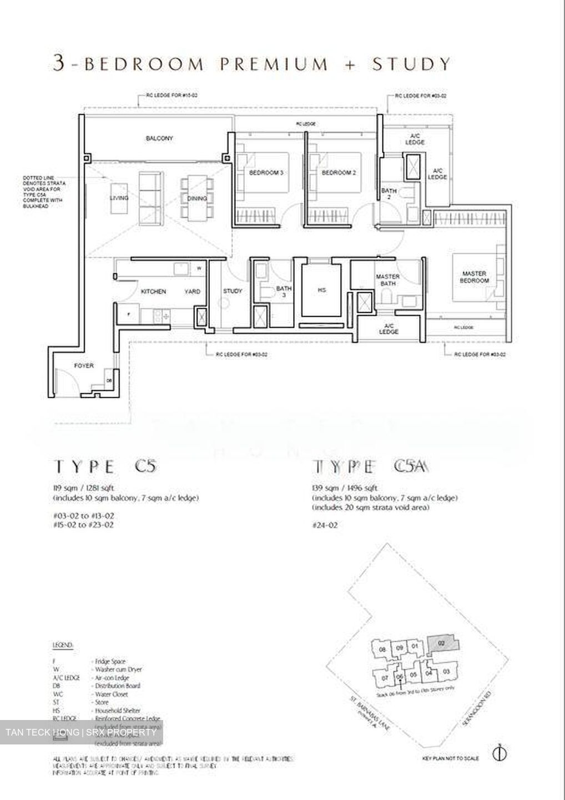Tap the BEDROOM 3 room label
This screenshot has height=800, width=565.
[266, 173]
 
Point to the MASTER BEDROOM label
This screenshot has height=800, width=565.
[475, 277]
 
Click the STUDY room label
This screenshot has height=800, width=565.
[233, 291]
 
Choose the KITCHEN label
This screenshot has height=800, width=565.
[153, 291]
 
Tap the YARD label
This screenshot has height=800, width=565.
[192, 291]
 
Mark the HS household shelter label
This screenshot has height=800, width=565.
[322, 290]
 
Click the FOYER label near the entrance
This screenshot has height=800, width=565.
[84, 366]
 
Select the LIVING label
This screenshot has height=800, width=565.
[119, 198]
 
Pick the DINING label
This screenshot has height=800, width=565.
[197, 198]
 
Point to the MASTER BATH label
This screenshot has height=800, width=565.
[388, 280]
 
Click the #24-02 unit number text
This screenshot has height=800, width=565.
[325, 524]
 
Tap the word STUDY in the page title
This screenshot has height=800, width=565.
[411, 64]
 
